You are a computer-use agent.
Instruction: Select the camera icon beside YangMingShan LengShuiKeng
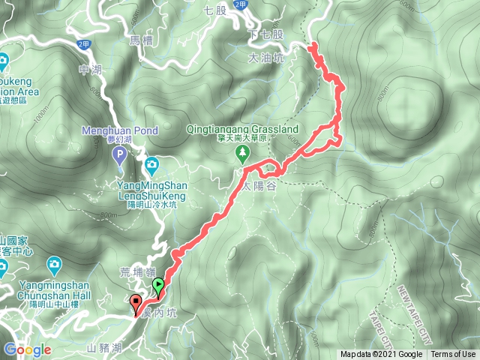click(152, 163)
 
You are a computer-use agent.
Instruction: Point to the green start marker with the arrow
click(158, 285)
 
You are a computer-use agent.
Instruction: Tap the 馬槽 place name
click(140, 43)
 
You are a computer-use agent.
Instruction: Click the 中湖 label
click(88, 70)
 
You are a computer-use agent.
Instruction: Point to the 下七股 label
click(266, 35)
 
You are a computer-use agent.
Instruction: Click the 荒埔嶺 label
click(136, 273)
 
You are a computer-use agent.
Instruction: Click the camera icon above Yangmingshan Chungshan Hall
click(54, 264)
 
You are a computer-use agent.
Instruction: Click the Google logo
click(27, 349)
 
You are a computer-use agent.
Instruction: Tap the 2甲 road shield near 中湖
click(82, 44)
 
